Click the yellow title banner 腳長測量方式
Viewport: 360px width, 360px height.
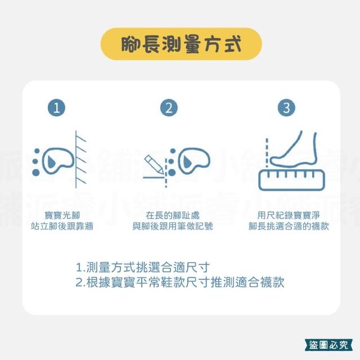pos(181,44)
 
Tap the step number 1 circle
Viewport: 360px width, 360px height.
pos(56,107)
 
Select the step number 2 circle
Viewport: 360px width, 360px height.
pos(169,107)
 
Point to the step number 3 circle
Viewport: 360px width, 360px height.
pos(286,107)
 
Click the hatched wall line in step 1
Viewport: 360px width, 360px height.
pos(76,159)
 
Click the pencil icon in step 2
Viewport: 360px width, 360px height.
pos(154,164)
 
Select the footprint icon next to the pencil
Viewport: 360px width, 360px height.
pos(190,161)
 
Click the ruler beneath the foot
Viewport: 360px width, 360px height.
pos(291,180)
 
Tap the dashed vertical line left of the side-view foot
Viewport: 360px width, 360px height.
pos(267,153)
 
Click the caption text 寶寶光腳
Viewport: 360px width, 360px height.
pos(62,215)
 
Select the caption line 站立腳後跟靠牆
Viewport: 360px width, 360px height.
pos(62,226)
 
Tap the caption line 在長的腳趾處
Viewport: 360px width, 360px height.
pos(173,215)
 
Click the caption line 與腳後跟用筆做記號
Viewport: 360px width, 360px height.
pos(173,226)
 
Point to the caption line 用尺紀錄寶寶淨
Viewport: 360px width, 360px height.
pos(289,215)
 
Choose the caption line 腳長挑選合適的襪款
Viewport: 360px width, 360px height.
pos(289,226)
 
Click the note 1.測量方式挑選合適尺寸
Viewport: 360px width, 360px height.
pos(143,267)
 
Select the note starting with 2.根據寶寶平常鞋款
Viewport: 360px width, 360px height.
pos(180,282)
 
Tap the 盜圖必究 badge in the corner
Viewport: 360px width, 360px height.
pos(328,345)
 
